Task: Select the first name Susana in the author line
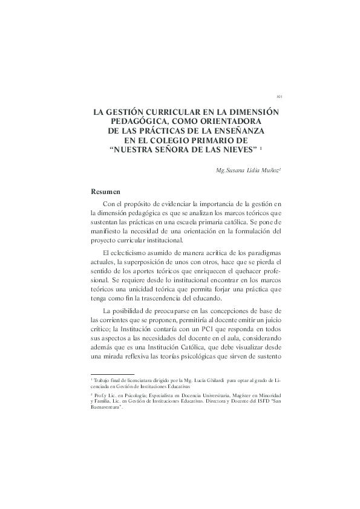[237, 170]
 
